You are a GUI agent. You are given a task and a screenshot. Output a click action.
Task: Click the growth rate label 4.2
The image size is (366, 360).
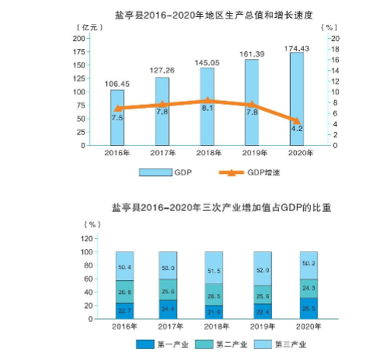coord(297,129)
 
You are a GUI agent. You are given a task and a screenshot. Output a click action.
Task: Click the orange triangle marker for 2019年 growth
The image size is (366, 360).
coord(252,105)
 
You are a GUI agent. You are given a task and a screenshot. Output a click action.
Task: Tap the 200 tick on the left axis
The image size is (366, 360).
coord(79,38)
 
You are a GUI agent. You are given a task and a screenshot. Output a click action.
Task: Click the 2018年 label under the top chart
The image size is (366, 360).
coord(207,153)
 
